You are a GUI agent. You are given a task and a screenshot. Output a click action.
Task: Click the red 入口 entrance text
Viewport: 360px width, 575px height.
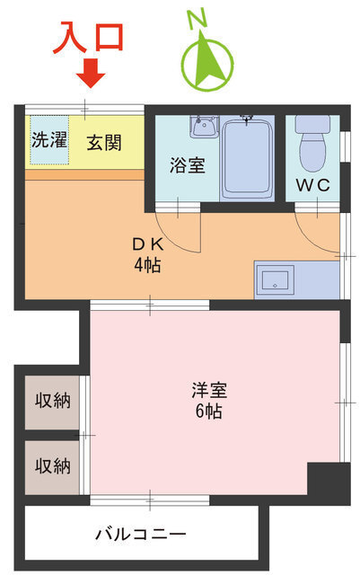point(88,38)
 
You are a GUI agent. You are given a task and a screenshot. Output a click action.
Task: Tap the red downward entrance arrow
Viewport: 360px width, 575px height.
point(91,73)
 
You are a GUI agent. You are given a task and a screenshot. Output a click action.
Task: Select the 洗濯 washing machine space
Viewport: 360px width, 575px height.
point(49,140)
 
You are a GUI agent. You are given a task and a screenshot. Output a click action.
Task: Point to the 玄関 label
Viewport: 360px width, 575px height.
point(104,142)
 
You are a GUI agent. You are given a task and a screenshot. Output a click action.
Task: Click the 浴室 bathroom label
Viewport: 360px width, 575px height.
point(187,165)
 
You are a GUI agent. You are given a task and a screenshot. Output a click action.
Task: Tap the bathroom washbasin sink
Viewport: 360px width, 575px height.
point(204,127)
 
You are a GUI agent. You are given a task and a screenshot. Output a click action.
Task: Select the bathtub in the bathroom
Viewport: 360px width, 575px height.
point(248,158)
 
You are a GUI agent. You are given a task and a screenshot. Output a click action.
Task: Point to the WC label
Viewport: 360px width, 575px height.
point(312,185)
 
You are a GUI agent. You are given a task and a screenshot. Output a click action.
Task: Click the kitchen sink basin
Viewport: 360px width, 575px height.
point(275,279)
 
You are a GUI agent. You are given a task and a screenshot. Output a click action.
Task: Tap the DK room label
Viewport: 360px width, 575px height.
point(147,244)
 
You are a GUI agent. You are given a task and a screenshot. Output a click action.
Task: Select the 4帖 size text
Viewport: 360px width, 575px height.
point(147,265)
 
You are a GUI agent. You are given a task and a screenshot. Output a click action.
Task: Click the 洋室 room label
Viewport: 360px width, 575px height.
point(209,391)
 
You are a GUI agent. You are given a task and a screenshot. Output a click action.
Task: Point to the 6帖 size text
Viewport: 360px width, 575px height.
point(208,411)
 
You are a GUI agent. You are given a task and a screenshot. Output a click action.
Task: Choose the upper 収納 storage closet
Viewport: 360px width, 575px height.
point(52,402)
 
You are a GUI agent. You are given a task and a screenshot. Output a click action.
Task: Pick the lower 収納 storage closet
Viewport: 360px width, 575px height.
point(52,467)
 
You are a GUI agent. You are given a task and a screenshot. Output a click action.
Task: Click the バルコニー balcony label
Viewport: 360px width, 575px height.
point(140,534)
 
